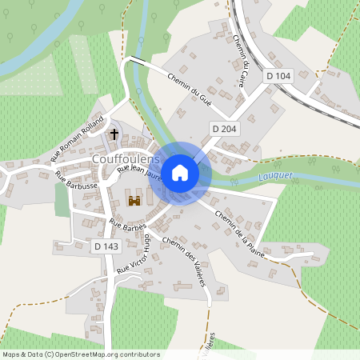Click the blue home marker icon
point(180,172)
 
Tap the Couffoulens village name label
point(126,159)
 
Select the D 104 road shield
point(278,75)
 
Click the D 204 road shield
point(225,128)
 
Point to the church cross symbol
point(114,134)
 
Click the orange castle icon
point(134,200)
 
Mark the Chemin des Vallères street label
point(184,258)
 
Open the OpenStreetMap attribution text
point(80,354)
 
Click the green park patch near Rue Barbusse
point(62,200)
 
